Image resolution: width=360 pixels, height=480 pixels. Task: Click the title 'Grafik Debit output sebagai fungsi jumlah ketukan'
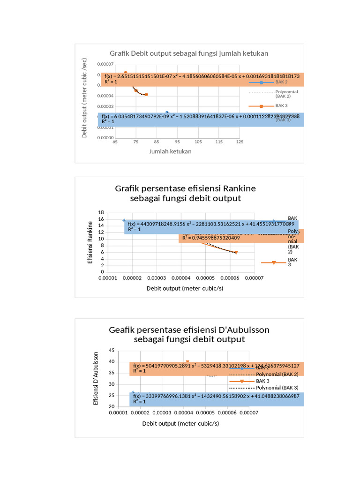(x=189, y=53)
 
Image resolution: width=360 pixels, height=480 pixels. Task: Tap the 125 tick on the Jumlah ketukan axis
(x=240, y=142)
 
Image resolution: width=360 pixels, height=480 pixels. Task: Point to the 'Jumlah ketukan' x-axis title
(x=170, y=151)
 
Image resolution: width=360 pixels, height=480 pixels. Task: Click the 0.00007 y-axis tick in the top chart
(x=105, y=64)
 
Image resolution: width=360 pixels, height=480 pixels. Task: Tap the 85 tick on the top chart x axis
(x=157, y=142)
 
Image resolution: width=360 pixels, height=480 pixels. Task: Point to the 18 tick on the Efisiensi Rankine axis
(x=100, y=212)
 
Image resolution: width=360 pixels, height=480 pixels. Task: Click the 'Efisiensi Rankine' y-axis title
(x=90, y=242)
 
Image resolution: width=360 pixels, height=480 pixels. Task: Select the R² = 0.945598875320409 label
(x=211, y=238)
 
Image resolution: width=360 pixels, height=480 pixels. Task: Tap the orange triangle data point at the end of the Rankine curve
(x=236, y=253)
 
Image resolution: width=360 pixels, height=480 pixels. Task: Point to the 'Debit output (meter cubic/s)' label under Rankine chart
(x=185, y=288)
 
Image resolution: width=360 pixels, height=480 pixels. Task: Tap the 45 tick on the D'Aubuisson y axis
(x=111, y=350)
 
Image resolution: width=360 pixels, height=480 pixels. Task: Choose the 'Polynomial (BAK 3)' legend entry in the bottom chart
(x=277, y=388)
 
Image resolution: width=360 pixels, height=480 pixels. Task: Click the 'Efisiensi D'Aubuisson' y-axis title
(x=96, y=378)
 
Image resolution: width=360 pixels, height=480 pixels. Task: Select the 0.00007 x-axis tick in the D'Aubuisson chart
(x=249, y=413)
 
